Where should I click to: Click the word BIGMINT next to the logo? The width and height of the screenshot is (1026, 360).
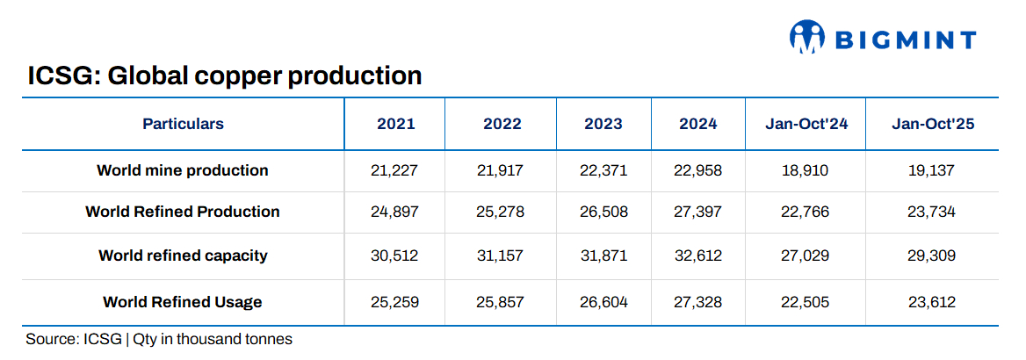point(905,40)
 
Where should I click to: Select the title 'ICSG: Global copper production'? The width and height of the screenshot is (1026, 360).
point(225,76)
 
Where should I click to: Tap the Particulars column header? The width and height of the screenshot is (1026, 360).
point(183,124)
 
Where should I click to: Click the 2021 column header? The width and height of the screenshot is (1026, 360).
point(395,124)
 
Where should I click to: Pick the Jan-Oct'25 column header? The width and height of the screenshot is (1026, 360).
point(933,124)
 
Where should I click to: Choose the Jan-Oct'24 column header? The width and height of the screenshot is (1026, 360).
point(806,124)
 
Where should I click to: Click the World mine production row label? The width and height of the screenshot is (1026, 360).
point(183,170)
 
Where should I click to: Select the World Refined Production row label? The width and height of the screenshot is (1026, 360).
point(183,212)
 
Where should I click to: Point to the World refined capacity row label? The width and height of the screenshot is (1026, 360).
point(183,256)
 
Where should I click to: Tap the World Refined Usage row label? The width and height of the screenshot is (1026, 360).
point(183,302)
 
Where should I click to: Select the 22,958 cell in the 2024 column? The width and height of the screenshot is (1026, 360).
point(698,170)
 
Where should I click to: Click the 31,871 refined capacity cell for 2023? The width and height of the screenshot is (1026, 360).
point(603,256)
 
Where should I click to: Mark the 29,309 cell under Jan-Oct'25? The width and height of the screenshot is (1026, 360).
point(932,256)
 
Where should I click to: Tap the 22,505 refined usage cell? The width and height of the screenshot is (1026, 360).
point(805,302)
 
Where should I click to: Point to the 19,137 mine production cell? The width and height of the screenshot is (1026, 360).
point(932,170)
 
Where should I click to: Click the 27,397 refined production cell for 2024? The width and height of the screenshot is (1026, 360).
point(698,212)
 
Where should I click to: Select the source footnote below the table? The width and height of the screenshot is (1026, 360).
point(159,339)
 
